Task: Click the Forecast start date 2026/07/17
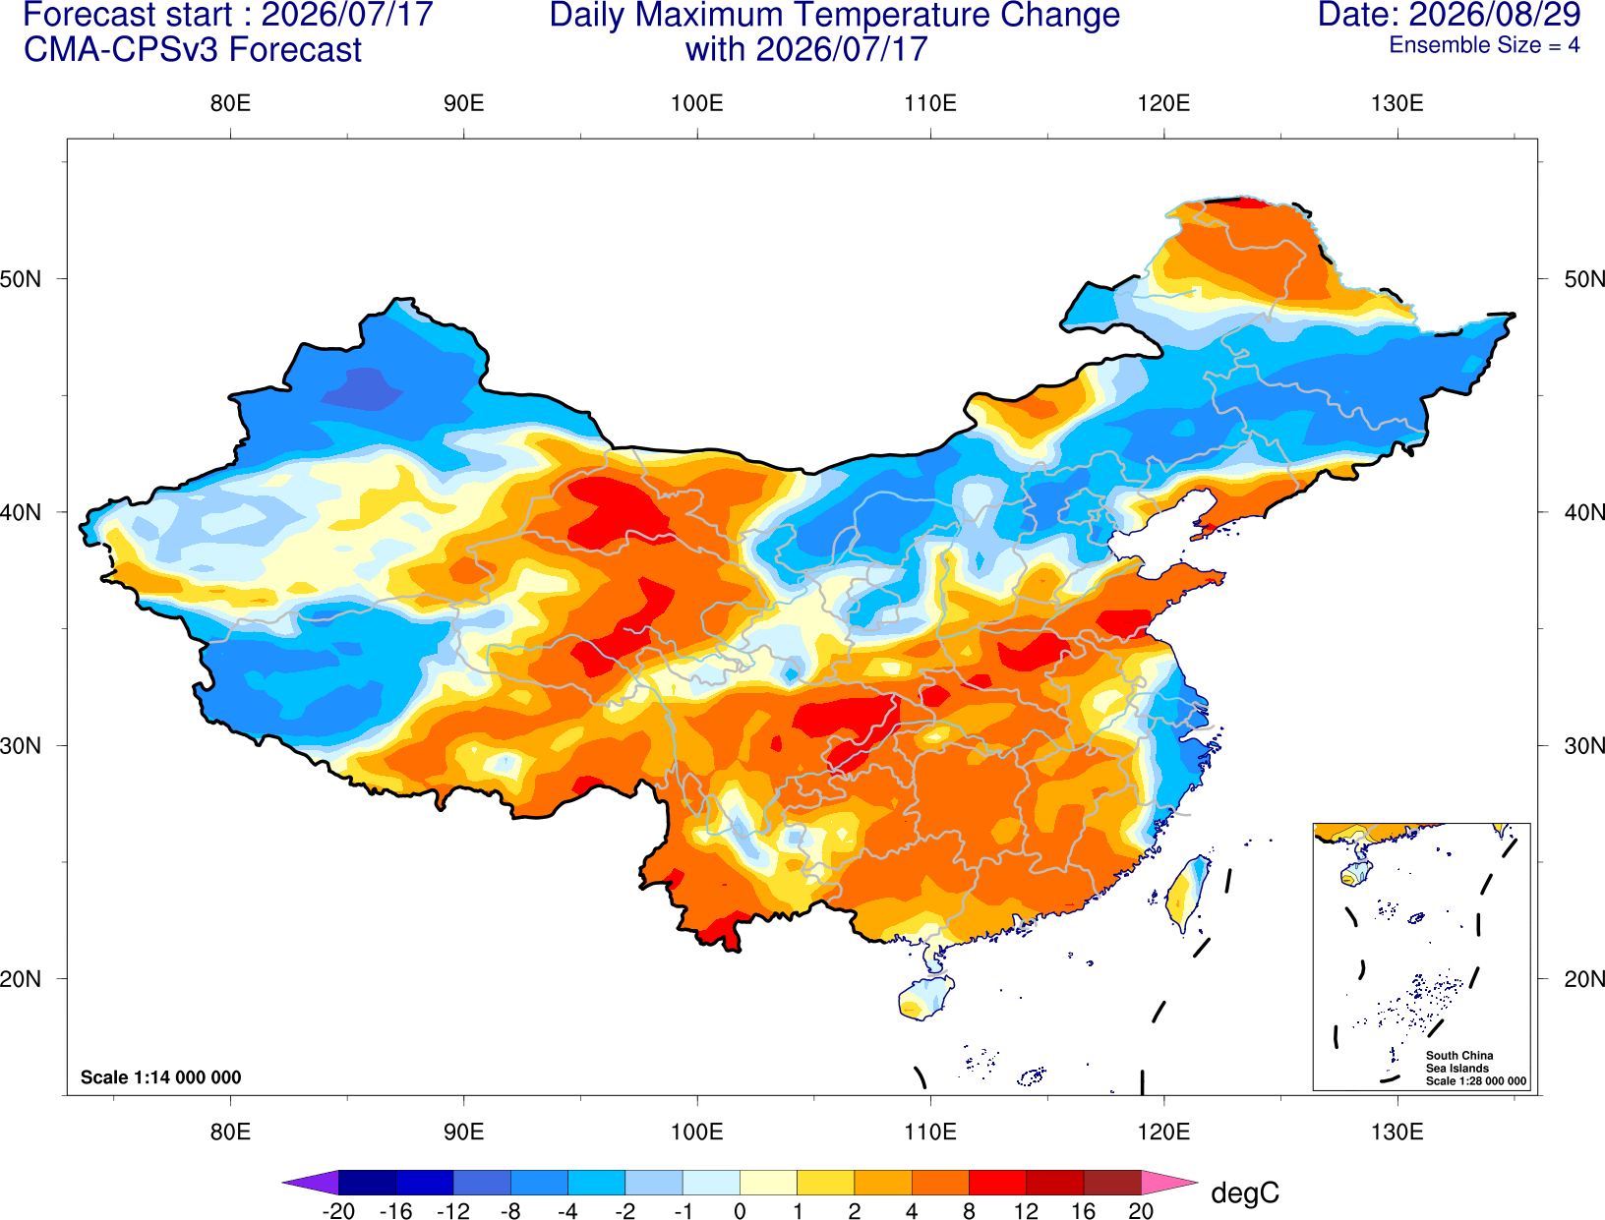point(347,15)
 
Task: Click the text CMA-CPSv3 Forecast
point(193,50)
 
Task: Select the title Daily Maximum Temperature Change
point(834,15)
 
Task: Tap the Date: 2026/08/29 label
point(1450,15)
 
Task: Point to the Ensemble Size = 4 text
point(1484,45)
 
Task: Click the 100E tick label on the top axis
point(697,103)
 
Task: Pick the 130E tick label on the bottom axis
point(1397,1133)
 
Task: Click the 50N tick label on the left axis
point(21,278)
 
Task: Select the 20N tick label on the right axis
point(1583,979)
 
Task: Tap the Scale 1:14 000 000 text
point(161,1076)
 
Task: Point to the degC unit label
point(1244,1192)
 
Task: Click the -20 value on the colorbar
point(338,1211)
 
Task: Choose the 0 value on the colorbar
point(740,1211)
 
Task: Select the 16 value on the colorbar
point(1083,1211)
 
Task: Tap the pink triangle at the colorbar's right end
point(1167,1182)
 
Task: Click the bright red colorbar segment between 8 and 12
point(997,1182)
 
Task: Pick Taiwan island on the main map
point(1184,894)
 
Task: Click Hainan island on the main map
point(925,997)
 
